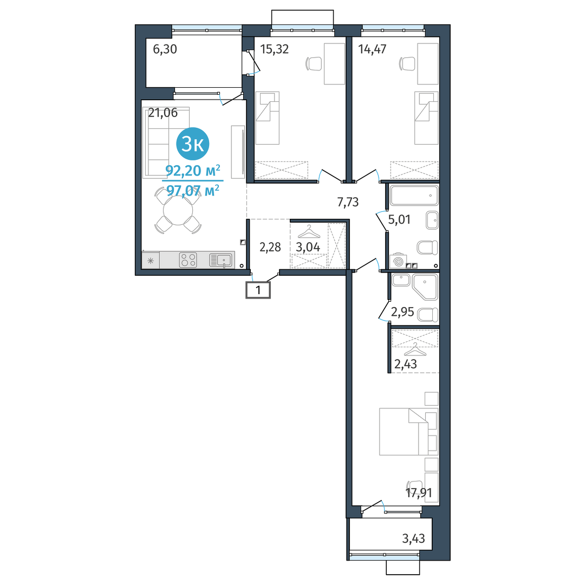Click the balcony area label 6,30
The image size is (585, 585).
[165, 49]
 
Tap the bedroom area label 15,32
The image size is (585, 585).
[274, 49]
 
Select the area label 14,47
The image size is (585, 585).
[372, 49]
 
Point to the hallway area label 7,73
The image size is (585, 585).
[348, 202]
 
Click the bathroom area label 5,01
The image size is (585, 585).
[399, 219]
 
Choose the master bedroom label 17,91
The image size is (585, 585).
[419, 493]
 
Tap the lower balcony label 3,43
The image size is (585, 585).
[413, 538]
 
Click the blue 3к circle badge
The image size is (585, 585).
[192, 144]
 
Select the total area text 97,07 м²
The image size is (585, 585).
[192, 191]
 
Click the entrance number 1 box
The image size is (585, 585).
[258, 290]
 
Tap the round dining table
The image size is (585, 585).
[178, 211]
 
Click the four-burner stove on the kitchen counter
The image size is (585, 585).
[187, 260]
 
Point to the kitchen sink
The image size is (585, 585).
[221, 260]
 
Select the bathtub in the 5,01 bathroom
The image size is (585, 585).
[414, 195]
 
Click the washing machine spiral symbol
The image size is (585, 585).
[398, 262]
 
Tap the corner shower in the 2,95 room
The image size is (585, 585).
[425, 287]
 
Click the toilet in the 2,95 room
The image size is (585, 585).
[428, 315]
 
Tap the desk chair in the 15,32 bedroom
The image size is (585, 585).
[314, 63]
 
